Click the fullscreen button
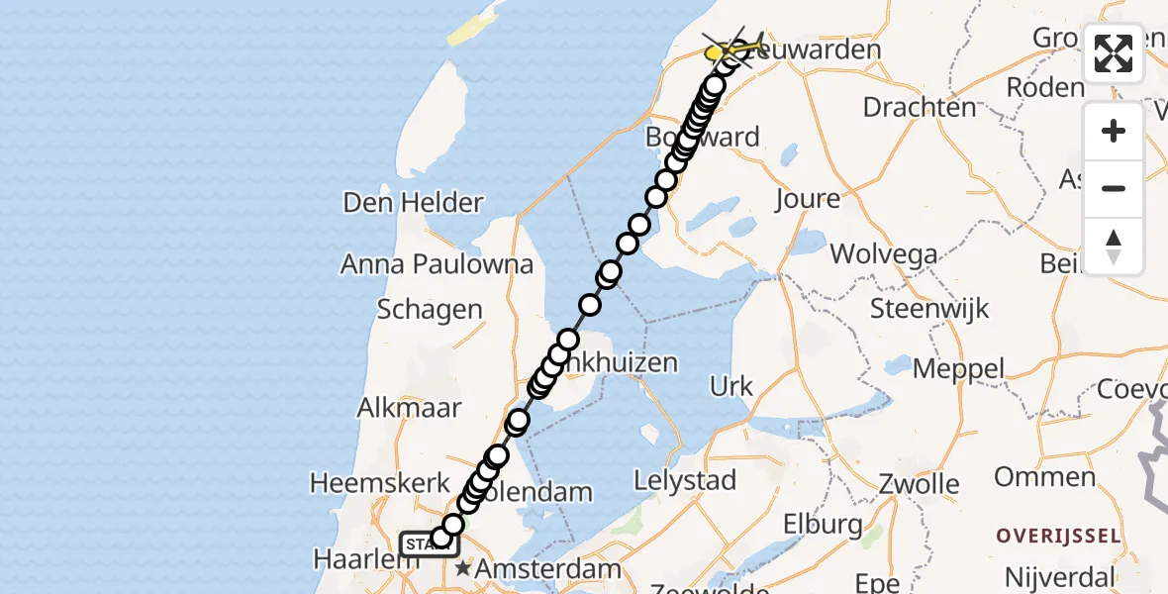pyautogui.click(x=1114, y=53)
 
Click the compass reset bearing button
pyautogui.click(x=1114, y=247)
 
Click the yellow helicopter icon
pyautogui.click(x=733, y=48)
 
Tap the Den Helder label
pyautogui.click(x=413, y=203)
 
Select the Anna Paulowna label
pyautogui.click(x=437, y=264)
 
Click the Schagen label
pyautogui.click(x=430, y=310)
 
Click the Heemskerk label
pyautogui.click(x=375, y=483)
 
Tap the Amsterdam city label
pyautogui.click(x=547, y=569)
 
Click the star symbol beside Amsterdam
pyautogui.click(x=462, y=569)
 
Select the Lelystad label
pyautogui.click(x=686, y=481)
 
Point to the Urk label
pyautogui.click(x=731, y=386)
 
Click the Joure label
pyautogui.click(x=808, y=199)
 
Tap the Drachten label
pyautogui.click(x=920, y=107)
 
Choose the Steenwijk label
pyautogui.click(x=929, y=308)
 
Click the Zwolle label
pyautogui.click(x=920, y=485)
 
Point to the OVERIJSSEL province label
pyautogui.click(x=1057, y=537)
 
